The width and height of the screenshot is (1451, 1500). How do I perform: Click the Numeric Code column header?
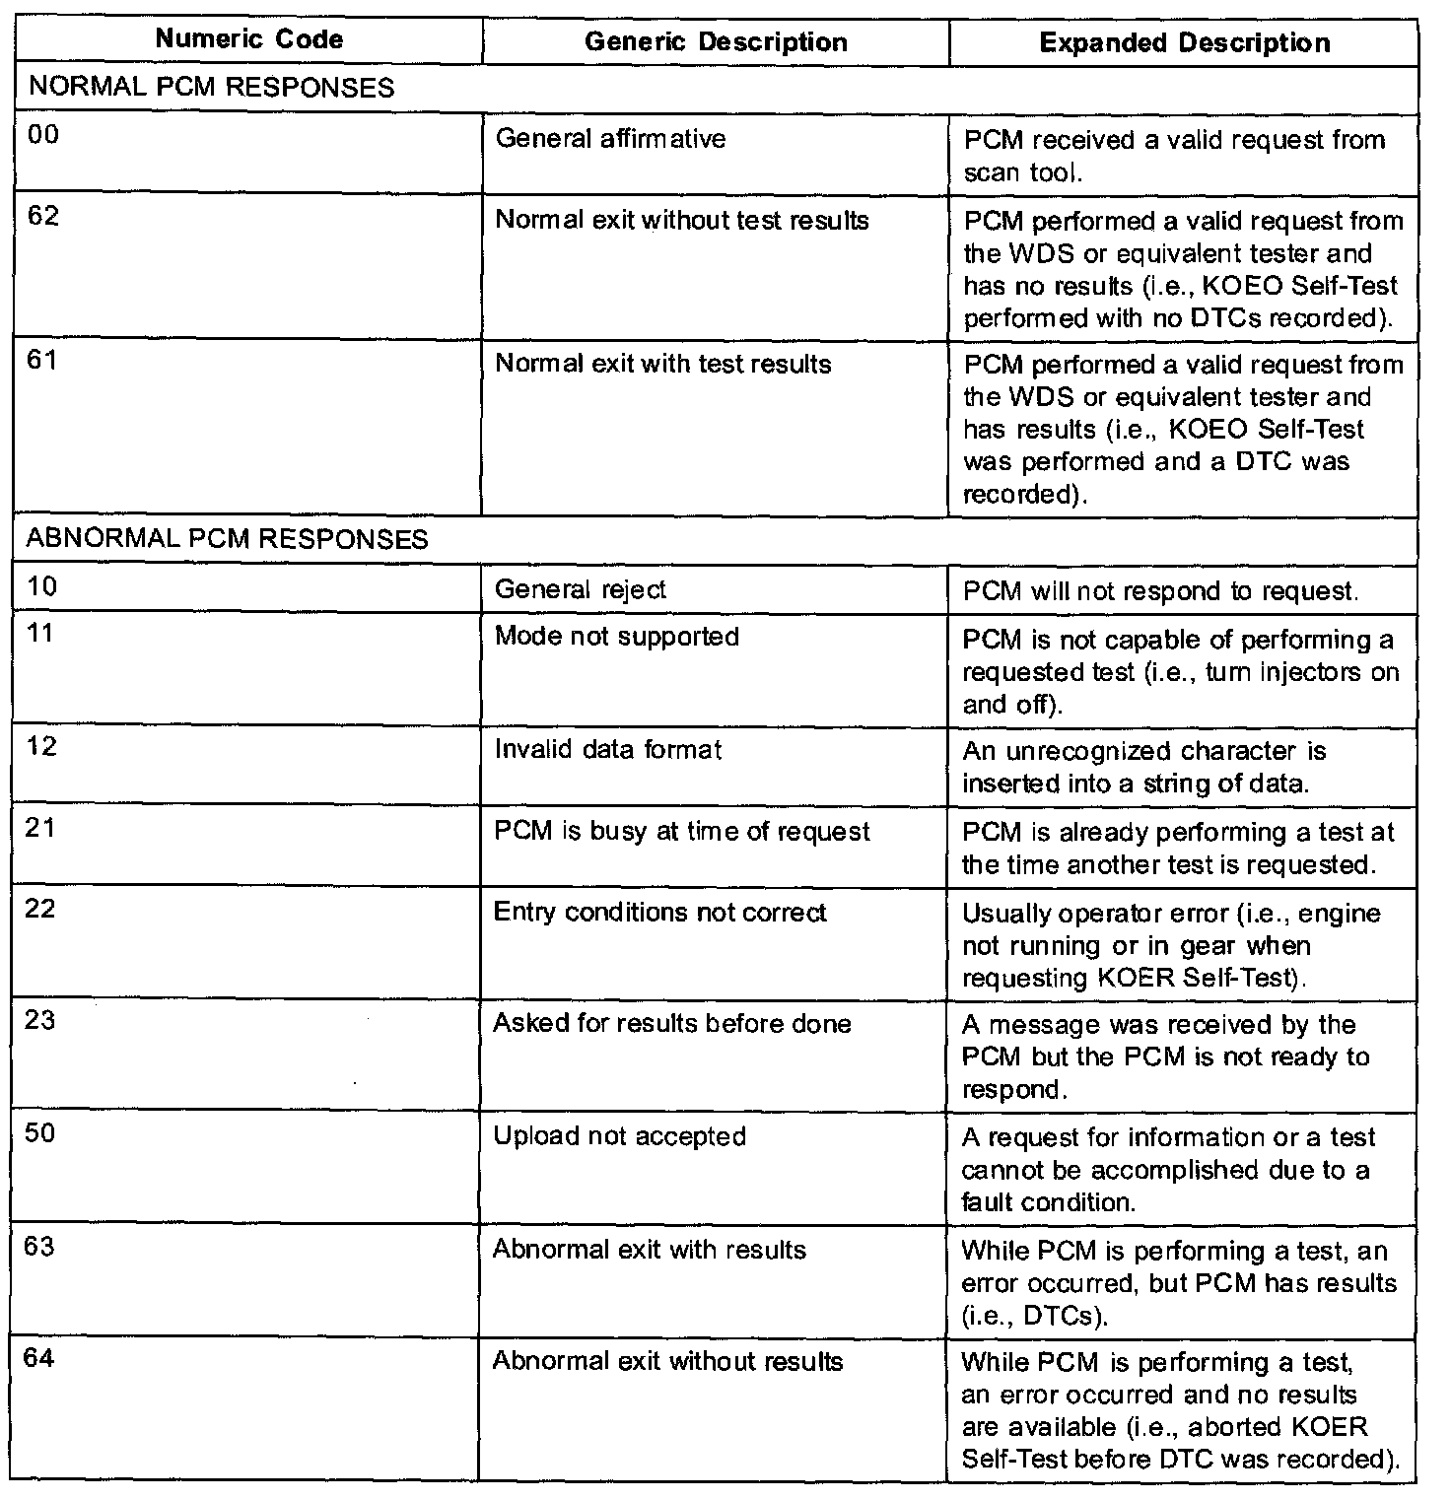coord(249,40)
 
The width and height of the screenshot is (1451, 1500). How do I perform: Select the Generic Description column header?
coord(716,42)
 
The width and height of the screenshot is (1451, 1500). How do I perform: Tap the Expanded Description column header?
coord(1185,43)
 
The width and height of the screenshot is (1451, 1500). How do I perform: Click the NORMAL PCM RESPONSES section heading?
coord(212,88)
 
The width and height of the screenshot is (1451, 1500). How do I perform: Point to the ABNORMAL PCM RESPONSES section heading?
coord(228,539)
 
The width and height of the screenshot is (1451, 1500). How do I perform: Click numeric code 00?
coord(43,135)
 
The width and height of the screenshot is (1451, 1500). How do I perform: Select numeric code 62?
coord(43,216)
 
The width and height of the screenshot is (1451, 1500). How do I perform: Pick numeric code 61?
coord(42,360)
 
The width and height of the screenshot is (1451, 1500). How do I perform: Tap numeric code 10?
coord(42,586)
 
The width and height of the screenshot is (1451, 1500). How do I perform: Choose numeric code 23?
coord(40,1020)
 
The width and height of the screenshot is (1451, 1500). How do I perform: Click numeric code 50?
coord(40,1132)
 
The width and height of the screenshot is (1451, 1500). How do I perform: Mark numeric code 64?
coord(40,1358)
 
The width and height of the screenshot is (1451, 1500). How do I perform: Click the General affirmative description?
coord(610,139)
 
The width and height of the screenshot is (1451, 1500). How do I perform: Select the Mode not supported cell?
coord(617,637)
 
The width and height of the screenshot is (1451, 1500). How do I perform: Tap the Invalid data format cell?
coord(608,750)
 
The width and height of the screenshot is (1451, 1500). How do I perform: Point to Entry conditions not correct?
coord(659,913)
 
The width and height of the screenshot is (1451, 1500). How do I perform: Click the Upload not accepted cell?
coord(619,1136)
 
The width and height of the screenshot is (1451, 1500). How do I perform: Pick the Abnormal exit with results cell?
coord(649,1250)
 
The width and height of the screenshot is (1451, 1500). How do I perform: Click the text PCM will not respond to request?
coord(1160,591)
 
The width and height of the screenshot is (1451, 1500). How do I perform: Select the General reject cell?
coord(580,589)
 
